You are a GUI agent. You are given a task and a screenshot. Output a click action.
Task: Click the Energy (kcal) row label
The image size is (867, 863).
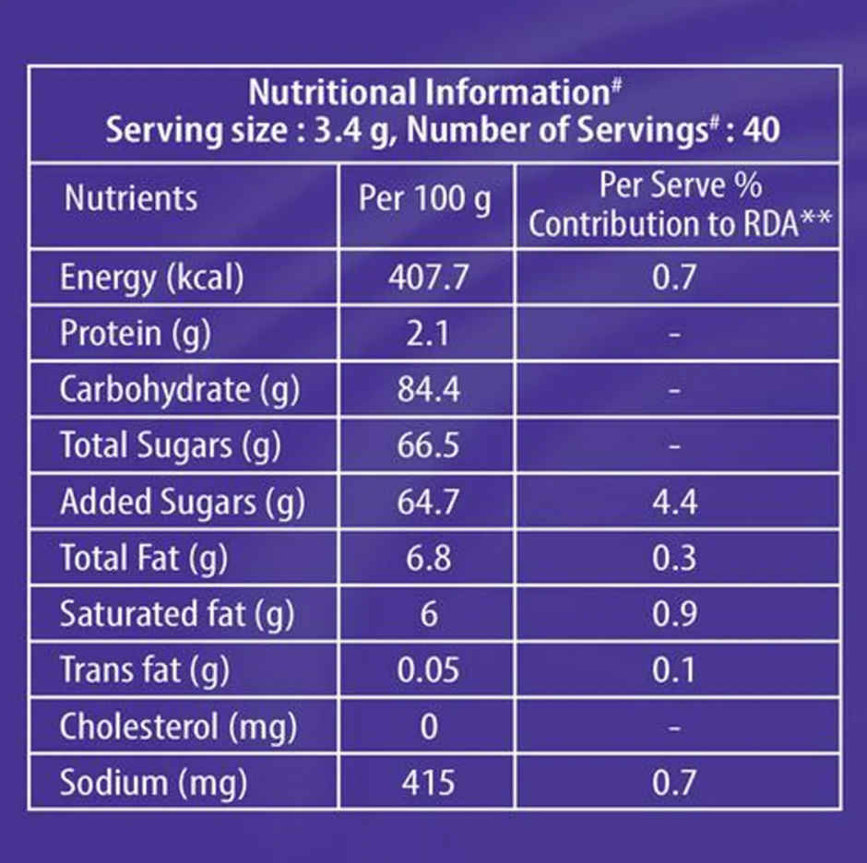pos(151,278)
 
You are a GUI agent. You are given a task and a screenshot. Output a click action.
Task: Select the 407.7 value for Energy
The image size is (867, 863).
pos(428,277)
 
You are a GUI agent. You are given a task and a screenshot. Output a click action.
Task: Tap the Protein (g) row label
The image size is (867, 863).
pos(136,334)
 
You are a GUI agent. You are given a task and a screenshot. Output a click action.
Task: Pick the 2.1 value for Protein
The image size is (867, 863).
pos(427,334)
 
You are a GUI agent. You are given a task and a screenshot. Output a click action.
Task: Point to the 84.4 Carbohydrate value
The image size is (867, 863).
pos(428,389)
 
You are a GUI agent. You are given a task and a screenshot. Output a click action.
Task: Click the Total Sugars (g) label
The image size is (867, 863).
pos(171,445)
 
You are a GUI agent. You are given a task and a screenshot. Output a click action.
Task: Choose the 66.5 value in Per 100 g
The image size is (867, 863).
pos(428,445)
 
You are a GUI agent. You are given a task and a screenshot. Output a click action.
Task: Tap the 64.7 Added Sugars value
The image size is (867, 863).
pos(428,502)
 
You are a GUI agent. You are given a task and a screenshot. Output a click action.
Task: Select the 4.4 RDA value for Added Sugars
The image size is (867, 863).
pos(674,502)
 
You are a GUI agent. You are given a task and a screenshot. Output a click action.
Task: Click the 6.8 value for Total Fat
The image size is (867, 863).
pos(428,557)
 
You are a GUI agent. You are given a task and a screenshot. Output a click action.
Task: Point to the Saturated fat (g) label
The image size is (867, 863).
pos(177,614)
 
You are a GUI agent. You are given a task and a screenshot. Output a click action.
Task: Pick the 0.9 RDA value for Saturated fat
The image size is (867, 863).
pos(674,614)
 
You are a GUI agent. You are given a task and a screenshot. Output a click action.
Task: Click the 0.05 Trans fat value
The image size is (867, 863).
pos(428,669)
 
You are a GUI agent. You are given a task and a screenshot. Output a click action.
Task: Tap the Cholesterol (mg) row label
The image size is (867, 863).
pos(178,727)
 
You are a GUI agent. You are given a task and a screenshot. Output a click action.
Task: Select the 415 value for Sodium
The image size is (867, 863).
pos(428,782)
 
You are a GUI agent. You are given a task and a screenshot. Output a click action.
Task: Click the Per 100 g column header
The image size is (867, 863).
pos(424,199)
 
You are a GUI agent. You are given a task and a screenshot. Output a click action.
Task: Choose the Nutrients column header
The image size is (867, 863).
pos(130,198)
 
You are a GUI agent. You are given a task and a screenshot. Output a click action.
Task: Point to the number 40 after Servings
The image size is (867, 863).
pos(761,130)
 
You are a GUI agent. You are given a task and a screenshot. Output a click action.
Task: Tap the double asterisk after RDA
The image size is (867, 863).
pos(816,218)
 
